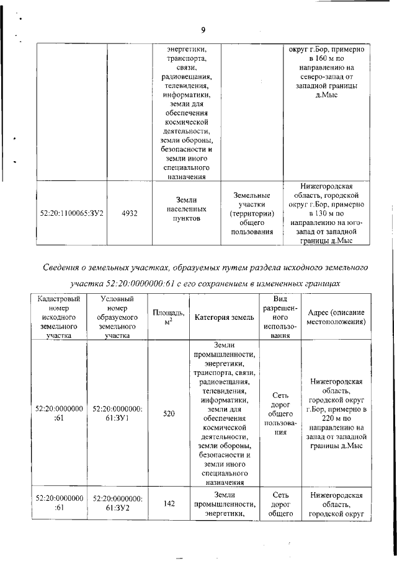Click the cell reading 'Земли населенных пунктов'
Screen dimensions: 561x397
coord(186,209)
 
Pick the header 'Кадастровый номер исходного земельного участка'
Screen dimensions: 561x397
coord(60,317)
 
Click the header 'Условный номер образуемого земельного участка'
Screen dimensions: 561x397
coord(117,317)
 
